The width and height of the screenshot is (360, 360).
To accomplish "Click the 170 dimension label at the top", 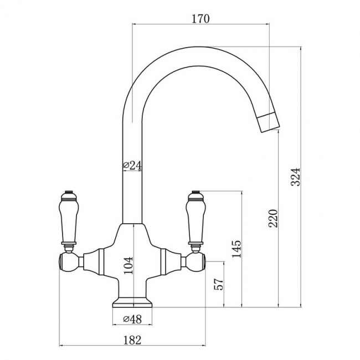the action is click(200, 19).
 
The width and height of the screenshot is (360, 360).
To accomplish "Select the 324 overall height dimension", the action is click(296, 177).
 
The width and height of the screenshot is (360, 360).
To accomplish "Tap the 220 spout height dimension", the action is click(273, 218).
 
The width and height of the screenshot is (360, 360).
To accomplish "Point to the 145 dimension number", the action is click(236, 249).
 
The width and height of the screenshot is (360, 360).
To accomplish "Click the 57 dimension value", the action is click(219, 284).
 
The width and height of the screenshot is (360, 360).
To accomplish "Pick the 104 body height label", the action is click(128, 265).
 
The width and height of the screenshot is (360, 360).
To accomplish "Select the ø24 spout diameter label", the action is click(132, 165).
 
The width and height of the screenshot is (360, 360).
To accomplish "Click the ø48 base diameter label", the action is click(132, 319).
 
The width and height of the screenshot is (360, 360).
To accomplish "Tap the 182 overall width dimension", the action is click(132, 340).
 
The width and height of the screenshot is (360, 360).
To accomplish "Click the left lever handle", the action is click(69, 221).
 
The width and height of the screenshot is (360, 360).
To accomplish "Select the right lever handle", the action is click(196, 221).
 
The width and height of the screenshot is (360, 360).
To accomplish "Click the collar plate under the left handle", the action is click(69, 243).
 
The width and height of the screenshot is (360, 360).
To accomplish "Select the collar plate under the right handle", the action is click(196, 243).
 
